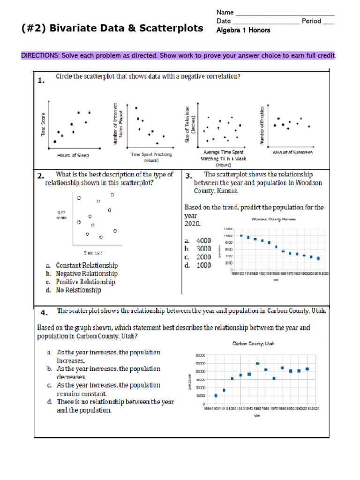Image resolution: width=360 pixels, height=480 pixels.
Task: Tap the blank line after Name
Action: tap(284, 13)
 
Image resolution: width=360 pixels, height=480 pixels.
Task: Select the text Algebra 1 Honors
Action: tap(243, 30)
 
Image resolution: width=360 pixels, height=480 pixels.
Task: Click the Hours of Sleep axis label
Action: tap(73, 155)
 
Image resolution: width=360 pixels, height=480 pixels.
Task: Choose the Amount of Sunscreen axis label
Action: tap(292, 152)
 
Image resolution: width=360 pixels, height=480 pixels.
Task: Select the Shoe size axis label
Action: tap(93, 253)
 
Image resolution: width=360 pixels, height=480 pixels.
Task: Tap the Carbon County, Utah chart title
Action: tap(254, 344)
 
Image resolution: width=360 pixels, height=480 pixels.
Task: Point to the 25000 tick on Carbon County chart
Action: tap(199, 363)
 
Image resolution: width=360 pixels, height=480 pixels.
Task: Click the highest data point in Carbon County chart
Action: tap(257, 363)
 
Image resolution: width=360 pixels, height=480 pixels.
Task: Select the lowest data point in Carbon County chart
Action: tap(216, 396)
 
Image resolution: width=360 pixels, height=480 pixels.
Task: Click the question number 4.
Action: tap(43, 313)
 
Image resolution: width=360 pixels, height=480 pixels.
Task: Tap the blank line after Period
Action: tap(329, 22)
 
